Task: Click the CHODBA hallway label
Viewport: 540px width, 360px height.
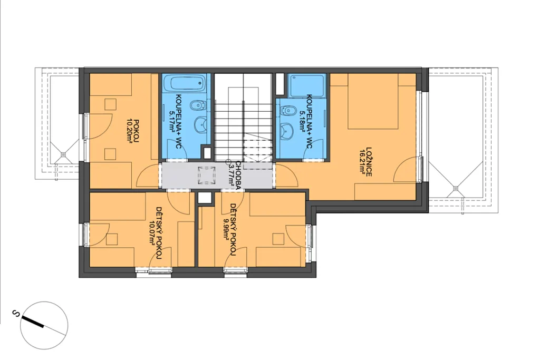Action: tap(238, 173)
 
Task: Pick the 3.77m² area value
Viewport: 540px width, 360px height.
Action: tap(231, 175)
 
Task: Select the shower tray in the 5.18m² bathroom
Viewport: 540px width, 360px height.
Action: tap(306, 85)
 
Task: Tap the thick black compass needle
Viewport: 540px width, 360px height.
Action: tap(32, 321)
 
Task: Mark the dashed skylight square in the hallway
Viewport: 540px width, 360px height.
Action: tap(206, 176)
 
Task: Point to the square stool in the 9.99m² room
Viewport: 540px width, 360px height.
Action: tap(278, 239)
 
